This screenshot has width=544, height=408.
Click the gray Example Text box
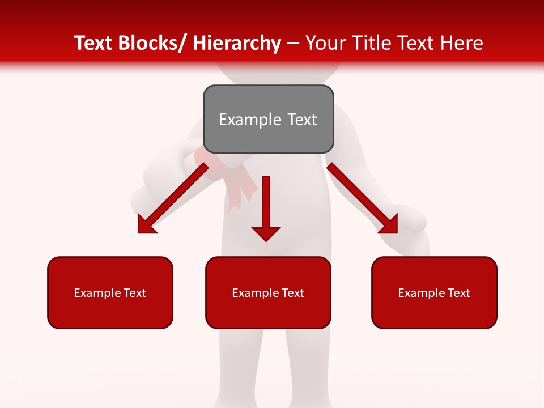(x=268, y=119)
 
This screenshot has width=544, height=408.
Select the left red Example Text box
(x=110, y=292)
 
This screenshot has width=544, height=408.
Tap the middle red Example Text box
(x=268, y=292)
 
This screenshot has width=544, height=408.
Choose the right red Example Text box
(x=434, y=292)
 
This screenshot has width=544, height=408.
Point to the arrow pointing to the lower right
(x=363, y=198)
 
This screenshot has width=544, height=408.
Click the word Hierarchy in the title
(x=237, y=43)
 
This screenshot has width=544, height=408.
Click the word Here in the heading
(x=462, y=43)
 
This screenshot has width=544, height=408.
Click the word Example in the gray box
(x=245, y=120)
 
